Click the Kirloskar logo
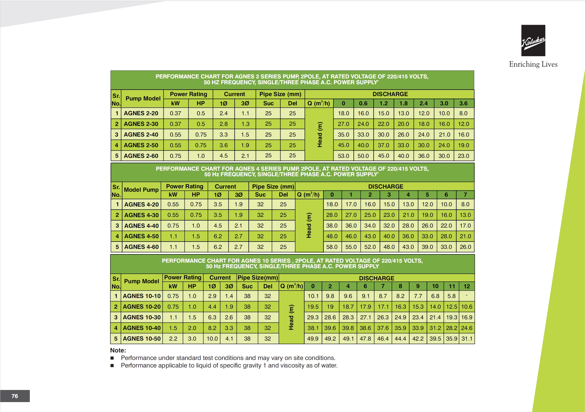(x=533, y=40)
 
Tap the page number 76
(x=15, y=396)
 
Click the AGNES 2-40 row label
(x=141, y=135)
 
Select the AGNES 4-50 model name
(x=141, y=236)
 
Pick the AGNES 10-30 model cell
(x=142, y=317)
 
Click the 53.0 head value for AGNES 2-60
(x=343, y=156)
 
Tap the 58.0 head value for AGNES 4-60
(x=332, y=247)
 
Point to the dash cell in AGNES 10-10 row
(x=466, y=296)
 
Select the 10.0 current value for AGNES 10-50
(x=212, y=339)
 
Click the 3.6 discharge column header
(x=463, y=103)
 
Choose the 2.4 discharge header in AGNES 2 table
(x=424, y=103)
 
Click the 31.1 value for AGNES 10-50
(x=466, y=339)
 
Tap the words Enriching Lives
(x=533, y=64)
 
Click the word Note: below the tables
(x=118, y=351)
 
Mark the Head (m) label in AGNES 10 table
(x=291, y=317)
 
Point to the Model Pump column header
(x=141, y=190)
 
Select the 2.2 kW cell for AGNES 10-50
(x=173, y=339)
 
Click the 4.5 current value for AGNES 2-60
(x=224, y=156)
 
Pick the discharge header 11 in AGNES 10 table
(x=452, y=286)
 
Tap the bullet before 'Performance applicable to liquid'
(x=112, y=366)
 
